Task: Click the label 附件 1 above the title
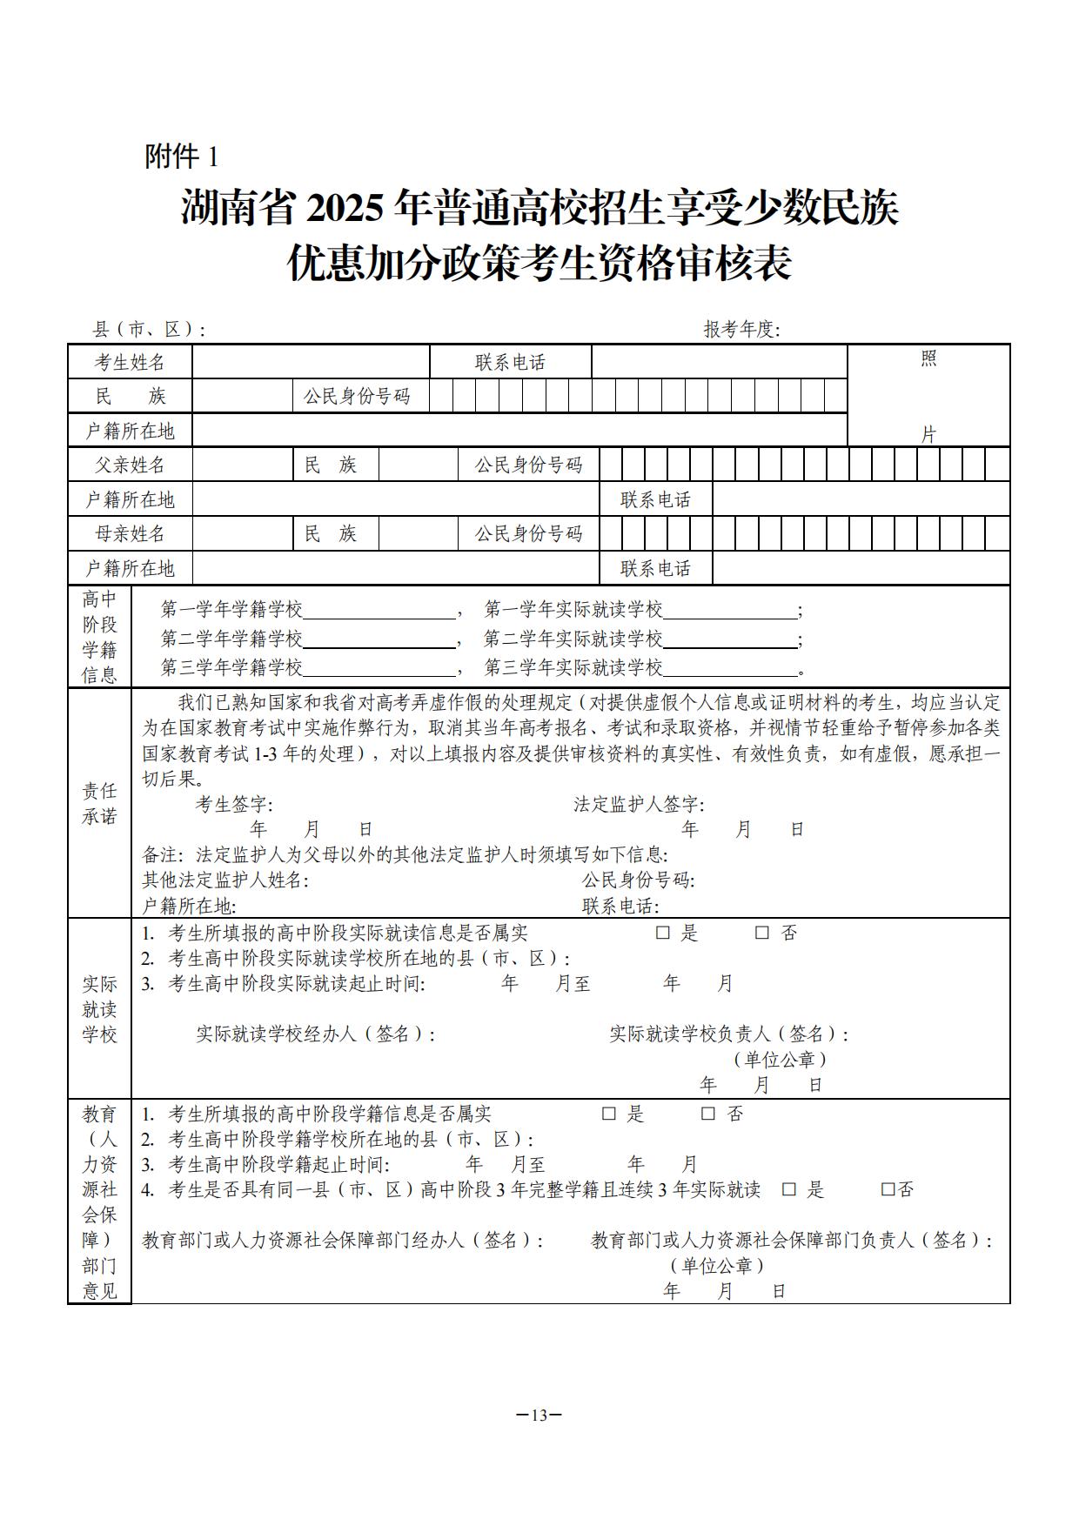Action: coord(181,157)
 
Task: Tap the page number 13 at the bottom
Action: coord(539,1415)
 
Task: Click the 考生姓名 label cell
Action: coord(130,362)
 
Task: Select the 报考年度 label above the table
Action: coord(741,330)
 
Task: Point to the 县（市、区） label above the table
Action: coord(149,330)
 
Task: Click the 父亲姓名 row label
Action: coord(130,465)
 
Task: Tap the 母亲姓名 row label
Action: coord(130,533)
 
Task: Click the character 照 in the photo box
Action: coord(928,358)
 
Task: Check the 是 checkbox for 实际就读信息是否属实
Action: coord(663,933)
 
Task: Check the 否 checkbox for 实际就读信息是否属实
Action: coord(762,933)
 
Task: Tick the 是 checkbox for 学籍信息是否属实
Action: coord(609,1114)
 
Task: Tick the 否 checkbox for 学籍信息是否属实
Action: coord(708,1114)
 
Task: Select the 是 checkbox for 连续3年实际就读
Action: coord(789,1189)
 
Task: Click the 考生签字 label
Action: coord(234,805)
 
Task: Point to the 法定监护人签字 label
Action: coord(639,805)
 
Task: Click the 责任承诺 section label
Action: coord(99,803)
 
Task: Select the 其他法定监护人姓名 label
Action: coord(225,880)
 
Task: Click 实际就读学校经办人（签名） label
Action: coord(315,1034)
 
